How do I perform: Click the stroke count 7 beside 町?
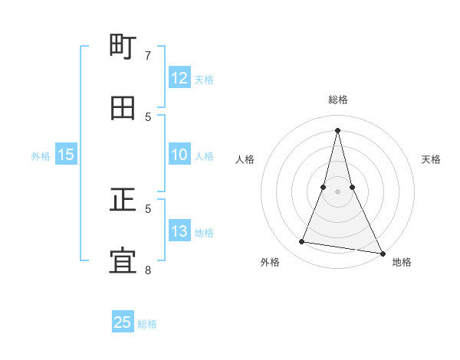(x=148, y=56)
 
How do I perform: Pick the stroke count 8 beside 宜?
(x=148, y=270)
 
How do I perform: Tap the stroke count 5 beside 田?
(x=148, y=117)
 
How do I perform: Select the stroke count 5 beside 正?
(x=148, y=208)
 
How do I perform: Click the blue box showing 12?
(x=179, y=78)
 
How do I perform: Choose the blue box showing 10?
(x=179, y=155)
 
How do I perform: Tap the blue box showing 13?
(x=179, y=231)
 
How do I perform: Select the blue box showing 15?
(x=66, y=155)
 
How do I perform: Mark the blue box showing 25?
(x=123, y=322)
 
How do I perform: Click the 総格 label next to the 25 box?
(x=147, y=324)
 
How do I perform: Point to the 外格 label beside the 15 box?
(x=41, y=156)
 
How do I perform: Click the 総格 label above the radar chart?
(x=337, y=100)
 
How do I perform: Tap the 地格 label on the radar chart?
(x=402, y=262)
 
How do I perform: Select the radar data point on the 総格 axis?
(x=337, y=129)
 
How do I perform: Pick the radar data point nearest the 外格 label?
(x=302, y=242)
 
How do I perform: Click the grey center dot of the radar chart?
(x=337, y=191)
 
